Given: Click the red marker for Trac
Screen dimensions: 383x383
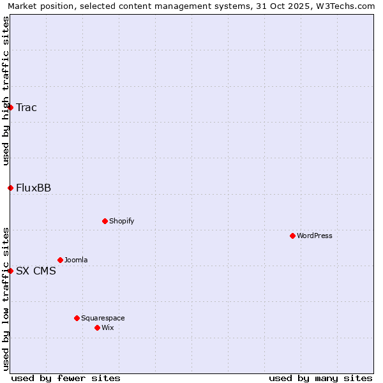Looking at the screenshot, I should pos(11,107).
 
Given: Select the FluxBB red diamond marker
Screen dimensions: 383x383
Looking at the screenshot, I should pos(11,188).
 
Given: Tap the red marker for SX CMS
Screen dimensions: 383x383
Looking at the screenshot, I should pos(11,271).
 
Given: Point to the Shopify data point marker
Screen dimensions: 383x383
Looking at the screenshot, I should pos(105,221).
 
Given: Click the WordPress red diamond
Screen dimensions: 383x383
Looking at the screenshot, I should pos(292,236).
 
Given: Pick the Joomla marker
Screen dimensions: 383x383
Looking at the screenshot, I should pos(60,260).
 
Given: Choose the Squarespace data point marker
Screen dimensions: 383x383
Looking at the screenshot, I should pos(77,318).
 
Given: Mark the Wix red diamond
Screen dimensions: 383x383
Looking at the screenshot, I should pos(97,327).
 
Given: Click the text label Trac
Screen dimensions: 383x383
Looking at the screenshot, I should pos(26,107).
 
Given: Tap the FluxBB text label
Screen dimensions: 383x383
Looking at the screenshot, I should pos(33,188).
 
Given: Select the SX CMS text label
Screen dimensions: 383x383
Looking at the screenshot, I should pos(36,271).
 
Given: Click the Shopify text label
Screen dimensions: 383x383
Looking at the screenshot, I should pos(121,221).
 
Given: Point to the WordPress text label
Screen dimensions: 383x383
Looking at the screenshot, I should pos(314,236).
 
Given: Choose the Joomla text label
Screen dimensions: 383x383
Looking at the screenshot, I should pos(76,260).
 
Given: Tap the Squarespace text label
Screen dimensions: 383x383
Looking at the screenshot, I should pos(103,318).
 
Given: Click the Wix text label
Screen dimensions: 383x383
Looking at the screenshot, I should pos(107,327).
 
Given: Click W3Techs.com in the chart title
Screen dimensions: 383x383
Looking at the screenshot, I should pos(343,6).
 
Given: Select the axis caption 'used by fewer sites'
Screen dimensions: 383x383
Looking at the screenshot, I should pos(66,378).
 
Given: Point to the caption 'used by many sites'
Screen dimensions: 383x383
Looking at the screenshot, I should pos(320,378).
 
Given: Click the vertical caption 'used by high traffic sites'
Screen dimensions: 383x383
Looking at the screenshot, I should pos(6,91).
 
